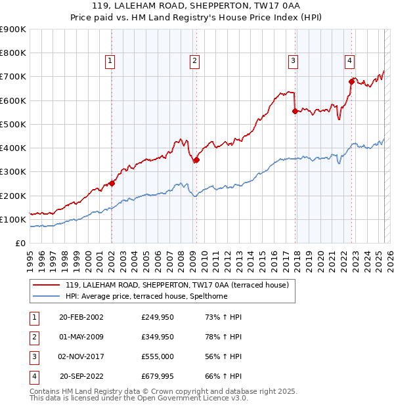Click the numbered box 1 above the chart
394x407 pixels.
[110, 61]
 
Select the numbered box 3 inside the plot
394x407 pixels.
[293, 61]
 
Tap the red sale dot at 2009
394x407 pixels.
[196, 160]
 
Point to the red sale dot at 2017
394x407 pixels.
[295, 111]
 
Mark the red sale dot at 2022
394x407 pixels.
[351, 81]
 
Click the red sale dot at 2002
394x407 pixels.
[112, 183]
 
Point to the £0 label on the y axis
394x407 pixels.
[20, 243]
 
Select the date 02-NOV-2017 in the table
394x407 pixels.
[81, 356]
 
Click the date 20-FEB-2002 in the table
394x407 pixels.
[81, 317]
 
